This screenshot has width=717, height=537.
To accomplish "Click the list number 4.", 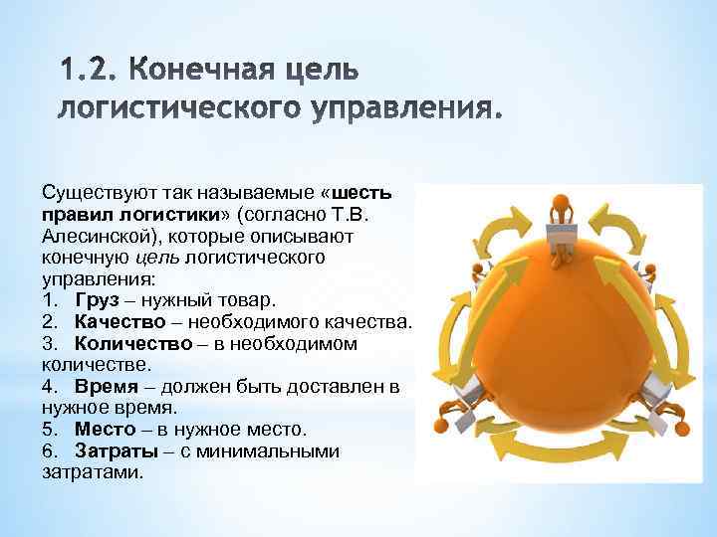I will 48,387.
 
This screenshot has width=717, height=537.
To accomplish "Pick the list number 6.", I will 48,451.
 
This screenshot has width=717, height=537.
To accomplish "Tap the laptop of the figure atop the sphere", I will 564,236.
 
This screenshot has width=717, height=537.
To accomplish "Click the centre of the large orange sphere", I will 564,328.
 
